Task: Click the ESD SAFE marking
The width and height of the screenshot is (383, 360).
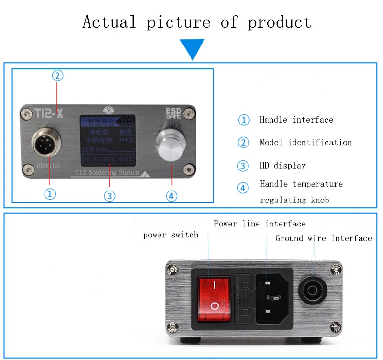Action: (x=175, y=112)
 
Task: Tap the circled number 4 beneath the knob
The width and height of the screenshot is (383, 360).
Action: (x=171, y=195)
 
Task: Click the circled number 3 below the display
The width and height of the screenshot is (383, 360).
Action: (x=110, y=196)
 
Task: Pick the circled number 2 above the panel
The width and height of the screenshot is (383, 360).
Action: (x=57, y=76)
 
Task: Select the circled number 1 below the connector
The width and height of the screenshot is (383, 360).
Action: (x=50, y=194)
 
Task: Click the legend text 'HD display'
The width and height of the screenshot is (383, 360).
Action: (x=282, y=166)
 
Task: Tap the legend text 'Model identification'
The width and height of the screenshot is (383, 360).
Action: (x=305, y=142)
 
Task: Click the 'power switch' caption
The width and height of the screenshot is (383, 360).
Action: (x=170, y=235)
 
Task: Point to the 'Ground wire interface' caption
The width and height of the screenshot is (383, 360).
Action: (x=323, y=238)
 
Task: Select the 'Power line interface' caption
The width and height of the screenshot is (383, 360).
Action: (x=259, y=224)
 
